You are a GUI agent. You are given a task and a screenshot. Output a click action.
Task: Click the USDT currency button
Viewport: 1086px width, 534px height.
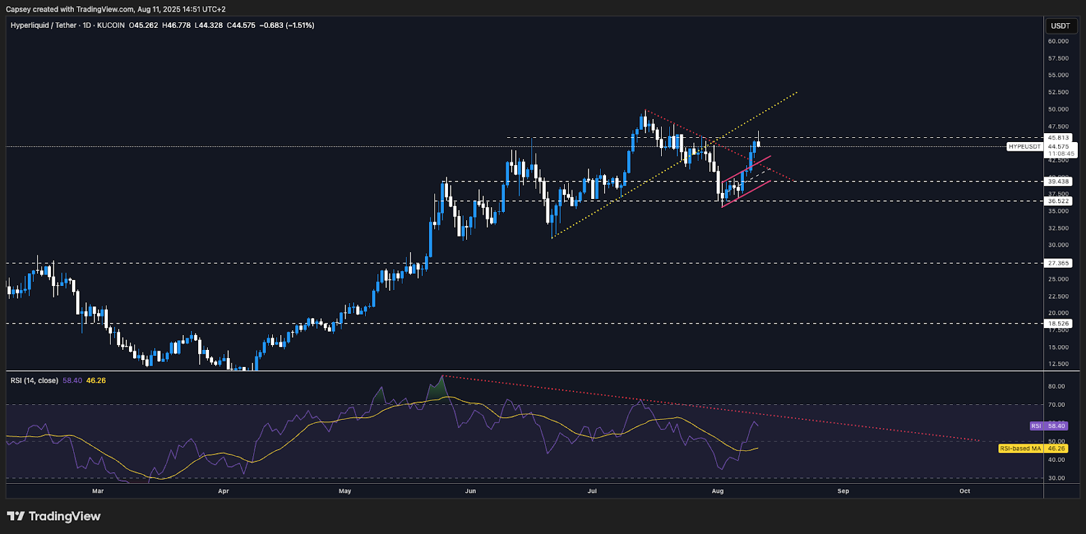click(x=1060, y=26)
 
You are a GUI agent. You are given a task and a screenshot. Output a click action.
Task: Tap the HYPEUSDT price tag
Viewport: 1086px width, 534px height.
click(x=1024, y=147)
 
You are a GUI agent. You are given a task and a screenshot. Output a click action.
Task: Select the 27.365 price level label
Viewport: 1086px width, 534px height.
click(x=1058, y=263)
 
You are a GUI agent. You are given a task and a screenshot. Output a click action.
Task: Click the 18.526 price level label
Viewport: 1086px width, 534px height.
click(x=1058, y=323)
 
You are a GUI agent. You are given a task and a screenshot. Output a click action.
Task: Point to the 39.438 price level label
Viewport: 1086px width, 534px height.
click(x=1058, y=181)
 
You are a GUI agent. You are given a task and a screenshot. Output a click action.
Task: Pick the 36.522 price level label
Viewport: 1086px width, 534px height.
click(x=1058, y=201)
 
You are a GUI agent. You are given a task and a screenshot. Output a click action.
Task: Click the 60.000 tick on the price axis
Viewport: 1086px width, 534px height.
click(x=1058, y=41)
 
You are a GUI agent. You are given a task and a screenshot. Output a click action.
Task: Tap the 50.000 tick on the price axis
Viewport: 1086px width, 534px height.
click(x=1058, y=109)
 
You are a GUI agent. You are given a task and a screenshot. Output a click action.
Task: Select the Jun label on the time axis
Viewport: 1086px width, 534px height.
click(x=470, y=491)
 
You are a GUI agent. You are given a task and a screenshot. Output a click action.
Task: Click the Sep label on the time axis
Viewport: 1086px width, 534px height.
click(x=843, y=491)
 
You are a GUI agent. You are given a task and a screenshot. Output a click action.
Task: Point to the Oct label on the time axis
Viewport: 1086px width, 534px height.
click(x=965, y=491)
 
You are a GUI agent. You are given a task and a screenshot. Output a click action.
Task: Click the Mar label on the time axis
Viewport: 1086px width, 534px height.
click(x=98, y=491)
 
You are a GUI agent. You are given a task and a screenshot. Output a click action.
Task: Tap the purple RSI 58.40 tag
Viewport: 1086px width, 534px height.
click(x=1049, y=426)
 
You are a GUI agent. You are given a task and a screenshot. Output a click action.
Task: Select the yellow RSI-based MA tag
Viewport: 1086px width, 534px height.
click(x=1032, y=448)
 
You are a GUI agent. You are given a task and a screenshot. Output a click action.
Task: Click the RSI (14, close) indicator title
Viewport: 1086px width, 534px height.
click(x=34, y=380)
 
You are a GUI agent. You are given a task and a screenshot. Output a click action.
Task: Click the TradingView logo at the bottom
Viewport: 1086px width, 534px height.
click(x=54, y=516)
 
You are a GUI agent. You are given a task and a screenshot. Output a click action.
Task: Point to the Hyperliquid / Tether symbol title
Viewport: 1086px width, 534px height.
click(x=43, y=25)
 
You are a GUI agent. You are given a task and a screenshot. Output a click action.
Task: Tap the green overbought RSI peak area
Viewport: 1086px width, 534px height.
click(x=437, y=390)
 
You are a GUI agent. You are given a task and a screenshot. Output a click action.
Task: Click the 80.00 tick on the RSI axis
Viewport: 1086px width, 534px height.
click(x=1056, y=387)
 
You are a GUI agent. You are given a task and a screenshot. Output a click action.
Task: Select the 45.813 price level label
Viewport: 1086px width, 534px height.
click(x=1058, y=138)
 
